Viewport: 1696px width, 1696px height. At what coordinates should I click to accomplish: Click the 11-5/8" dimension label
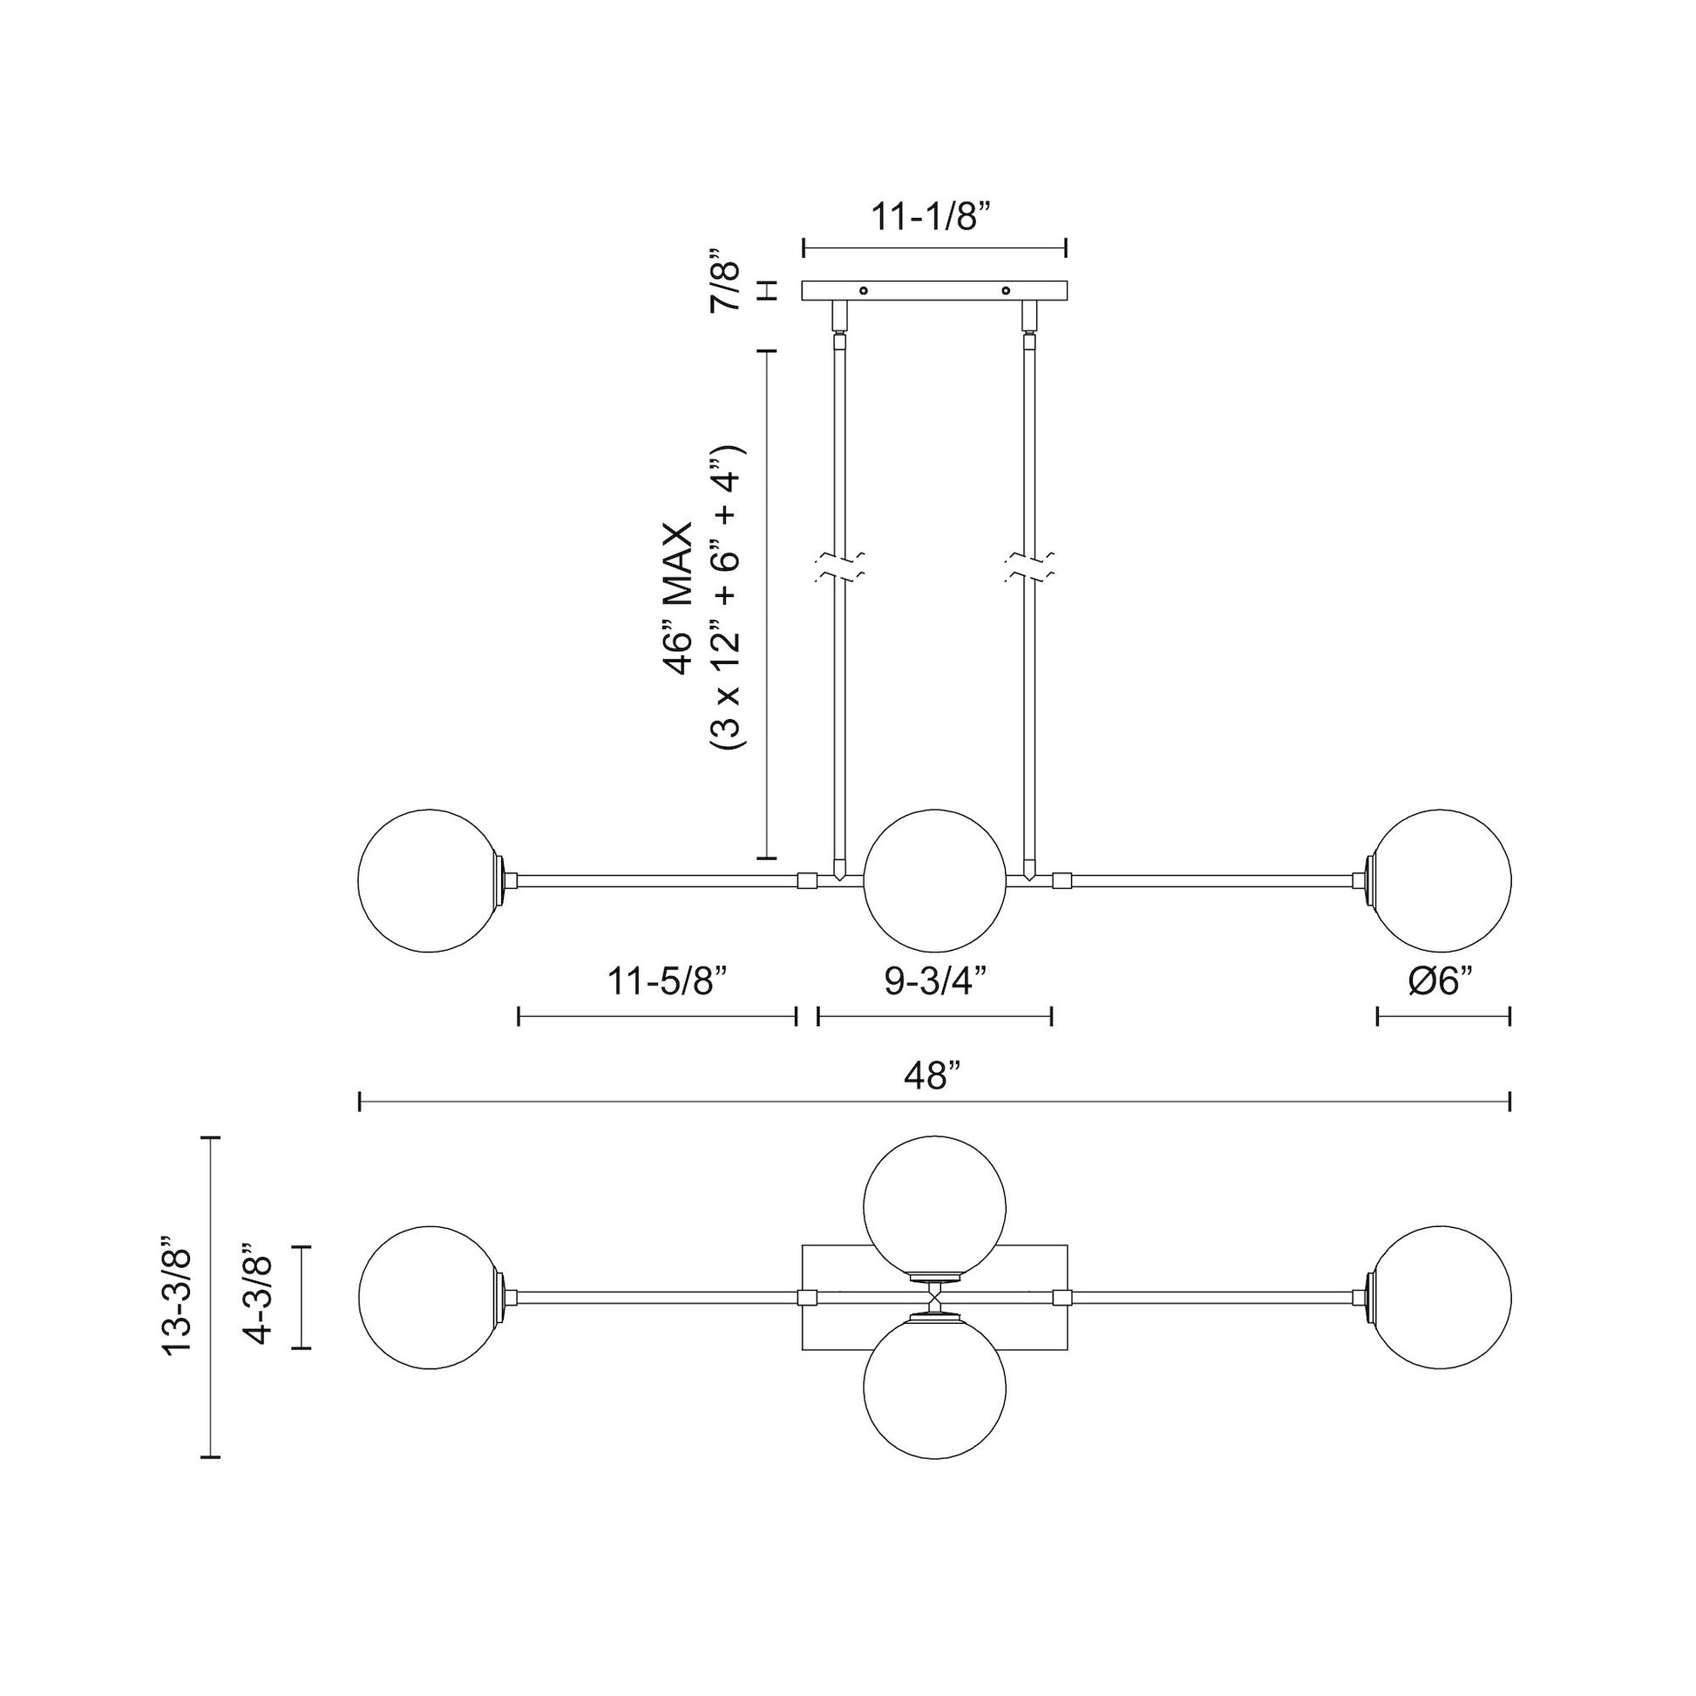[669, 980]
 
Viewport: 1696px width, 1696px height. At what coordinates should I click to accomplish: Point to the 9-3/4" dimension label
[936, 980]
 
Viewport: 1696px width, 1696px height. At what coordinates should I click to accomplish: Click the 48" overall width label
[933, 1075]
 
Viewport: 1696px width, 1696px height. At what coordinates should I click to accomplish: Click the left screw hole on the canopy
[864, 290]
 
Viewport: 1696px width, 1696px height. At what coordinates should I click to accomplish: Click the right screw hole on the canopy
[1006, 290]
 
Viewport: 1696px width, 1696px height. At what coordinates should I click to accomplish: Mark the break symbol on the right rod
[1030, 567]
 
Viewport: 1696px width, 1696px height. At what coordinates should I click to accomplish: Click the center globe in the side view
[935, 880]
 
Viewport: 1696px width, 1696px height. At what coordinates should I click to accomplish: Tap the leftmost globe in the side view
[431, 880]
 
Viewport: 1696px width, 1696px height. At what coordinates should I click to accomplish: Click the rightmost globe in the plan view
[1442, 1297]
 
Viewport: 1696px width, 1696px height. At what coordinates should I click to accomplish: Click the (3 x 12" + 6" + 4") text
[728, 599]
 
